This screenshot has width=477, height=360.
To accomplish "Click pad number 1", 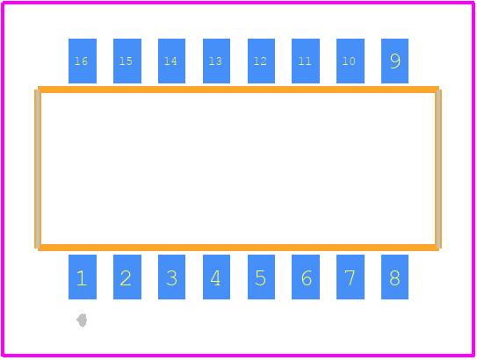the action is (x=83, y=277).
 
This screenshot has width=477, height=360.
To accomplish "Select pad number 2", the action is (x=127, y=277).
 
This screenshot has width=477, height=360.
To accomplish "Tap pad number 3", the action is (x=171, y=277).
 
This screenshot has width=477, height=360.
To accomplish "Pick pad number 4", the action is (x=216, y=277).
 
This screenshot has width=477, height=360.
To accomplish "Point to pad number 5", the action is (x=261, y=277).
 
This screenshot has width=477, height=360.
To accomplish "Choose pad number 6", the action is (x=306, y=277).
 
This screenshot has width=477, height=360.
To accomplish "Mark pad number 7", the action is (x=351, y=277).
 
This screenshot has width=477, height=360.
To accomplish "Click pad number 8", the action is (x=394, y=277).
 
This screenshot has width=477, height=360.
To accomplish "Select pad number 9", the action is (x=394, y=61).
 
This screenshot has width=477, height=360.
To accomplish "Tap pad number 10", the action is (x=351, y=61).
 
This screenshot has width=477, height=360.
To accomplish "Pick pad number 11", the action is (x=306, y=61).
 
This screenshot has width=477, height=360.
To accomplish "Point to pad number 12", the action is (x=261, y=61).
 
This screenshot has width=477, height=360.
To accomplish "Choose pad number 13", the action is (x=216, y=61).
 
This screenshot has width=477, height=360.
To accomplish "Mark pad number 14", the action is (x=171, y=61).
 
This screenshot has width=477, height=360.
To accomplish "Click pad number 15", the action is (x=127, y=61).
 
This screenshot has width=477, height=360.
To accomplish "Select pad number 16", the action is (x=83, y=61).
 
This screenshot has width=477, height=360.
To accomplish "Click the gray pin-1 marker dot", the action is (x=82, y=320).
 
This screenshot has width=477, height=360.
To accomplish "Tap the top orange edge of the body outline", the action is (x=238, y=90).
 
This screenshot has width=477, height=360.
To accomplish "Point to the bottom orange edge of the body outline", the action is (x=238, y=248).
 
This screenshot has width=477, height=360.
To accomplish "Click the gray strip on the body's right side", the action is (x=438, y=169).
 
